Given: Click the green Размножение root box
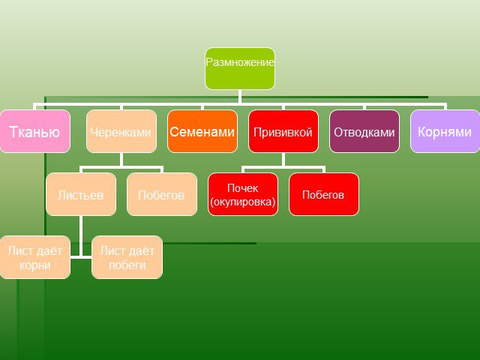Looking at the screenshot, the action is [x=240, y=68].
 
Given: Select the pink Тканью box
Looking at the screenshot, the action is [x=35, y=131].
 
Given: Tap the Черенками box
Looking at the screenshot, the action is [x=121, y=131].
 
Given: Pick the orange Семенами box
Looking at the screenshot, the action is [x=202, y=131].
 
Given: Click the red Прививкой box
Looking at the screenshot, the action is [x=283, y=131].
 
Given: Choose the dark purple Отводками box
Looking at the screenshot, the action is [x=364, y=131].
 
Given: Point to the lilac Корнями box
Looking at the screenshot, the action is [x=445, y=131].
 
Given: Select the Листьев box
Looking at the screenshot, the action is [x=81, y=194].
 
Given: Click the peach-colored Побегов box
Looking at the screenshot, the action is [x=162, y=194].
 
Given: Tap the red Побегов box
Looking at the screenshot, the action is [x=324, y=194].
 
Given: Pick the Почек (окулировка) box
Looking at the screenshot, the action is [x=243, y=194].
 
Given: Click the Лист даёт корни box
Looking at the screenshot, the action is [x=35, y=257].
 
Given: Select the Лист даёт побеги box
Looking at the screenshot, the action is [x=127, y=257].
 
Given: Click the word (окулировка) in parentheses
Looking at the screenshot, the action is [x=243, y=202].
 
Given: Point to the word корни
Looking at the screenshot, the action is [x=35, y=265].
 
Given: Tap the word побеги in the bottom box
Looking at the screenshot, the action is [x=127, y=265].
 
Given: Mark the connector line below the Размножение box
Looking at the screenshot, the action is [x=240, y=97].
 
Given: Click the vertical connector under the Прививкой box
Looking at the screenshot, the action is [x=283, y=160].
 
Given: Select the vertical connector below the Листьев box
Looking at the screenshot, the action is [x=81, y=236].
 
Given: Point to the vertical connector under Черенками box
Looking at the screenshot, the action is [x=121, y=160].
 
